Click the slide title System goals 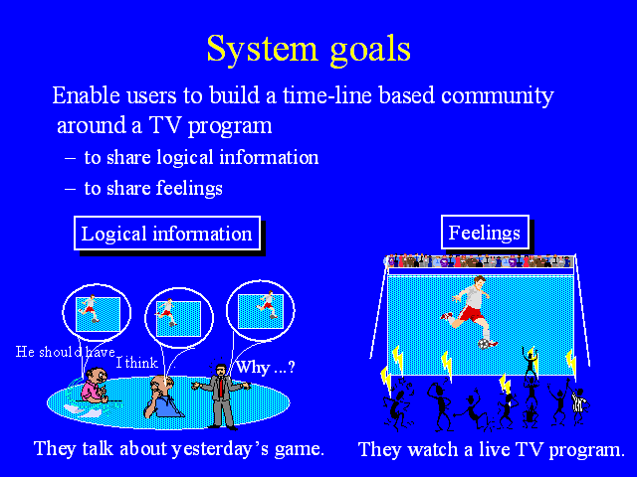click(x=309, y=50)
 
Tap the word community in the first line click(x=498, y=95)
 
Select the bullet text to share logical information click(x=201, y=158)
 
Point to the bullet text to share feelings click(x=153, y=188)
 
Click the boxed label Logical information click(x=167, y=234)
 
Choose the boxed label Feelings click(x=485, y=233)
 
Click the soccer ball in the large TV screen click(x=484, y=344)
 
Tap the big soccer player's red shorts click(x=470, y=314)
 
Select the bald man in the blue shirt click(x=161, y=397)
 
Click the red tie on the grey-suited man click(x=221, y=387)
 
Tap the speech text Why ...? click(x=266, y=367)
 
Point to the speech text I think click(x=137, y=362)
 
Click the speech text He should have click(x=66, y=352)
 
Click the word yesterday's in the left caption click(x=219, y=449)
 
